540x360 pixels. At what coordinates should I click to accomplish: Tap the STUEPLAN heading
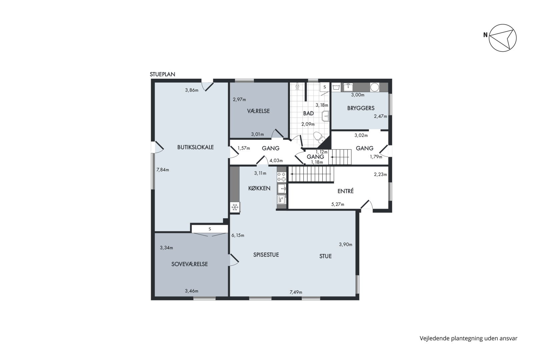coord(162,74)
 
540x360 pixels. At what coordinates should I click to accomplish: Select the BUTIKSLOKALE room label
coord(196,147)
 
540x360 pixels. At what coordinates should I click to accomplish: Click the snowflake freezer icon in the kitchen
coord(235,207)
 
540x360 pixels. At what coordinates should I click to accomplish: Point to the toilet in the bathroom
coord(319,137)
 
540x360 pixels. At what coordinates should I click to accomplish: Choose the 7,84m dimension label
coord(163,170)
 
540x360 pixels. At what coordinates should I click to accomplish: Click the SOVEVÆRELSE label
coord(189,264)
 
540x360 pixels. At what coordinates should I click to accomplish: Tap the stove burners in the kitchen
coord(281,177)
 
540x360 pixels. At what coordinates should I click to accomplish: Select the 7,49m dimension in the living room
coord(296,292)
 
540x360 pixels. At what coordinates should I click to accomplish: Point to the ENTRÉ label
coord(345,191)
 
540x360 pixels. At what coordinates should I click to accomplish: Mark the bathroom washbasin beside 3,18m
coord(326,116)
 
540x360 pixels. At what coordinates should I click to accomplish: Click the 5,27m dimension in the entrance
coord(338,204)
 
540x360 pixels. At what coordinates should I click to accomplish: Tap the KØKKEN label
coord(259,188)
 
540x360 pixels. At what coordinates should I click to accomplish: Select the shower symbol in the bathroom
coord(298,86)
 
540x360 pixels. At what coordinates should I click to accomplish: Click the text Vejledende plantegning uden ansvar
coord(468,339)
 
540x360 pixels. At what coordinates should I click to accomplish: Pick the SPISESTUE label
coord(266,255)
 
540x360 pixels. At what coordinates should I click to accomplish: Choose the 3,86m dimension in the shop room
coord(192,90)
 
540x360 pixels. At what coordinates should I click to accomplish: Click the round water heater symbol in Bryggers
coord(375,87)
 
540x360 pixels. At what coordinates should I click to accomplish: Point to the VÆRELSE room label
coord(258,111)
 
